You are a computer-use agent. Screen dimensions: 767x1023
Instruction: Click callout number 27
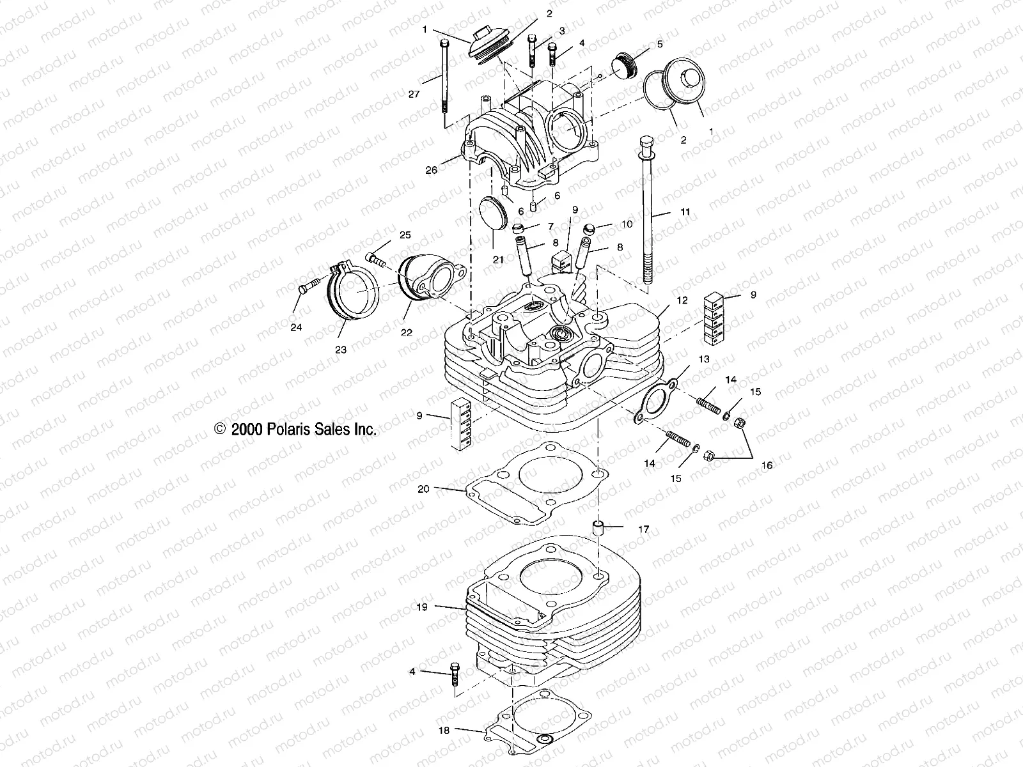[x=414, y=94]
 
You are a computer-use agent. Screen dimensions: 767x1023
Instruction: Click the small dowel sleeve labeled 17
[x=599, y=529]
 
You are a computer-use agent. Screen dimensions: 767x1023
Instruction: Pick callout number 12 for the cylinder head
[x=682, y=300]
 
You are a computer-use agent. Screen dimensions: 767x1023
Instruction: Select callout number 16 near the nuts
[x=766, y=466]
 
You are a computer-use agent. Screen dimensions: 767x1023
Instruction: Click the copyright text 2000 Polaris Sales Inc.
[x=297, y=430]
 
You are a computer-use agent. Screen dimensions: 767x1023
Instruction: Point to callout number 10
[x=627, y=224]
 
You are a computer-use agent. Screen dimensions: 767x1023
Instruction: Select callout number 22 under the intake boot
[x=407, y=332]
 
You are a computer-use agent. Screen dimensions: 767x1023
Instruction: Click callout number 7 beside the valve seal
[x=551, y=227]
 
